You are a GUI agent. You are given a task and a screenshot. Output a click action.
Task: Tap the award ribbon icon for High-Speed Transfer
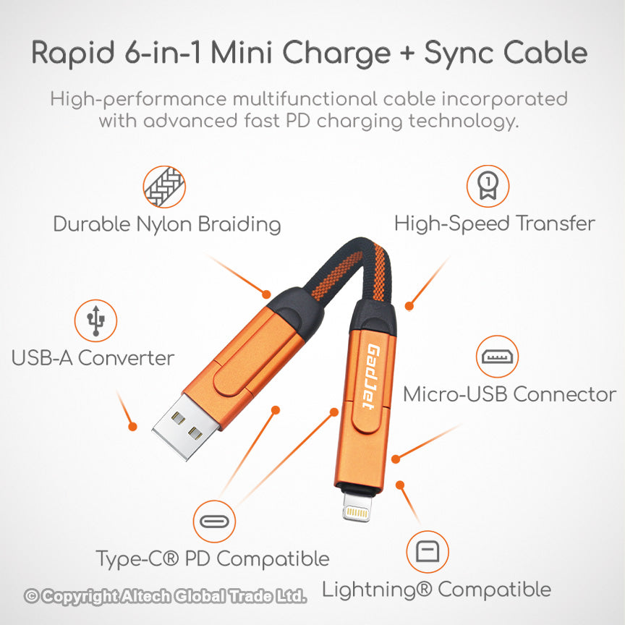(x=488, y=187)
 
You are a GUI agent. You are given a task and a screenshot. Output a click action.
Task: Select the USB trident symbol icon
(x=95, y=320)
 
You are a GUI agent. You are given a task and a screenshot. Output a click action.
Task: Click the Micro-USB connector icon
(x=497, y=357)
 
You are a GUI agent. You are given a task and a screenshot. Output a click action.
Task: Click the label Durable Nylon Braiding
(x=167, y=224)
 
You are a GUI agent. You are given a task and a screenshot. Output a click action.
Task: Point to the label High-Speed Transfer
(x=494, y=224)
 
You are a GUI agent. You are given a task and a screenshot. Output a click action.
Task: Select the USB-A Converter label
(x=93, y=358)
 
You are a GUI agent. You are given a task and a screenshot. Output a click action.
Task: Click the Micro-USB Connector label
(x=509, y=395)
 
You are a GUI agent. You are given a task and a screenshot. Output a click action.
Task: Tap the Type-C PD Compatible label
(x=213, y=559)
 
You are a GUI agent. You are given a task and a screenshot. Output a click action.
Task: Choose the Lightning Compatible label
(x=436, y=590)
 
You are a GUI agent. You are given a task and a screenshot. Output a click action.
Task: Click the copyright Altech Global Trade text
(x=166, y=597)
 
